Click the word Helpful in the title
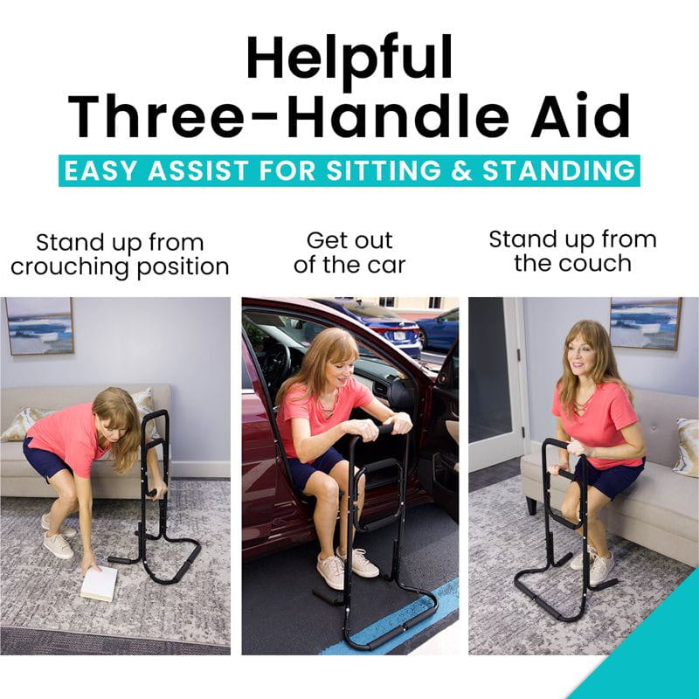[349, 59]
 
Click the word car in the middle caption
[385, 264]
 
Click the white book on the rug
[99, 584]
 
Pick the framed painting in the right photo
[645, 322]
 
